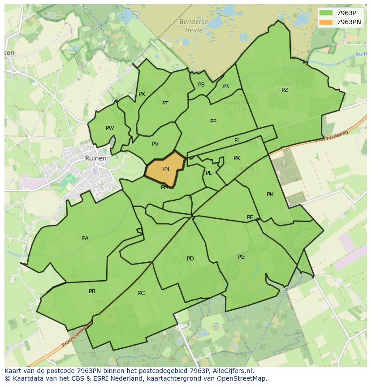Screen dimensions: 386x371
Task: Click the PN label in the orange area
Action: click(x=166, y=169)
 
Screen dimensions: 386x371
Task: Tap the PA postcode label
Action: click(x=85, y=239)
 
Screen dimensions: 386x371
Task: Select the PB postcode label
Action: click(x=92, y=291)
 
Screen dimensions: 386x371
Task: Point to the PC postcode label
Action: click(x=141, y=293)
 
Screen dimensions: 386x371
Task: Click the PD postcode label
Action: click(x=190, y=259)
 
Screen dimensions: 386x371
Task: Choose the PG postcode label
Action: click(x=241, y=257)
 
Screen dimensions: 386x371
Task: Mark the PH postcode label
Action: click(x=270, y=195)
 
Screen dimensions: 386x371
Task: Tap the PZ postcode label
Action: click(x=285, y=90)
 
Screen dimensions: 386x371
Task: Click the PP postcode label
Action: click(x=213, y=121)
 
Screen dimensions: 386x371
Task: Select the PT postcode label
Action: click(x=165, y=104)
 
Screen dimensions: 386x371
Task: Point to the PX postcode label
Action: click(x=142, y=94)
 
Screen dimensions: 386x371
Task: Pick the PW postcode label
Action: click(x=110, y=128)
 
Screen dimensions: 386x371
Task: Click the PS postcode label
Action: click(x=201, y=85)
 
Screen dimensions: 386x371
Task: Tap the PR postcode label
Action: click(x=225, y=86)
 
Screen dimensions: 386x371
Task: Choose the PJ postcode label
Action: click(x=237, y=140)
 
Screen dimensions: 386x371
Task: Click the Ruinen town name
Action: click(x=96, y=158)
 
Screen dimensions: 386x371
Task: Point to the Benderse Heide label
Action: click(x=194, y=26)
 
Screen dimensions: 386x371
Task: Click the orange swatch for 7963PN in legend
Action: click(x=326, y=22)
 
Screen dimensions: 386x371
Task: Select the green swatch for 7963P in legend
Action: click(x=326, y=13)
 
